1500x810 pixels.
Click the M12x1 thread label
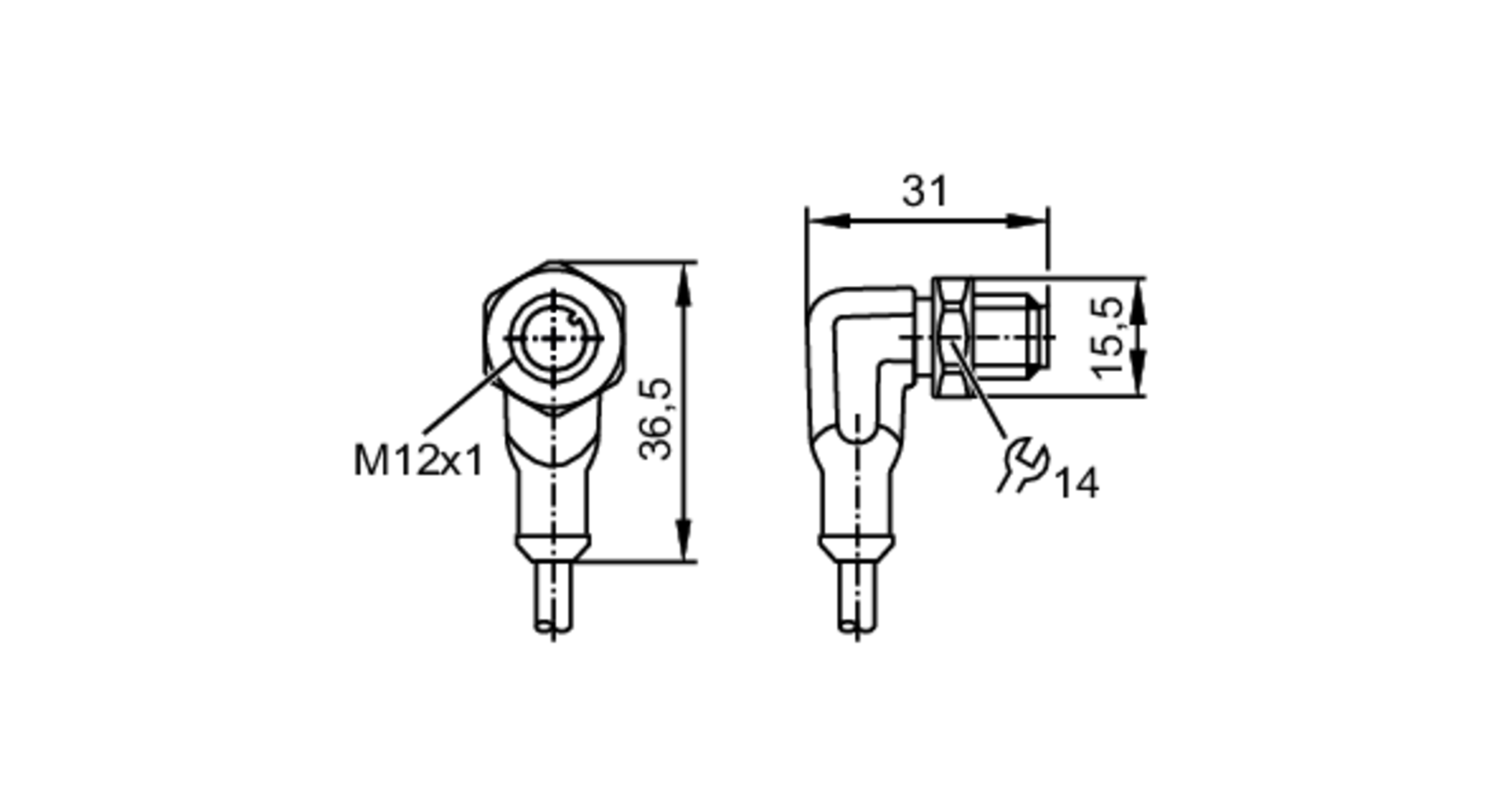tap(418, 460)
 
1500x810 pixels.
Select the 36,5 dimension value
tap(656, 418)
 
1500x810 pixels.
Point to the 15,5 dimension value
tap(1108, 337)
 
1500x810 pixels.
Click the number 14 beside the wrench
tap(1078, 484)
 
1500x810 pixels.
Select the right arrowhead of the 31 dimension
tap(1027, 220)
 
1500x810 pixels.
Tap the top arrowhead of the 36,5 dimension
tap(682, 284)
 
